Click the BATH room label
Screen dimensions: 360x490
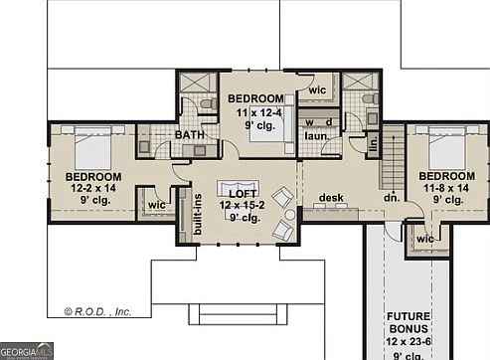(x=190, y=134)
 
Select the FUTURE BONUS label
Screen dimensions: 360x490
(x=408, y=322)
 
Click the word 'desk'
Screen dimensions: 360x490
(x=331, y=198)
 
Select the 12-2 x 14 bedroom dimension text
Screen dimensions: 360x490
(x=92, y=188)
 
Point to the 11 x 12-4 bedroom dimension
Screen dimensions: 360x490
(x=255, y=112)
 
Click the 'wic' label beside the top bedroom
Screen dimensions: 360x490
(x=317, y=90)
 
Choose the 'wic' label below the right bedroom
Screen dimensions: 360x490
(x=425, y=239)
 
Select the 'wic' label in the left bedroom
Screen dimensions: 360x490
(x=156, y=205)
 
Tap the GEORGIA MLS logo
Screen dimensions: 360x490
(x=27, y=350)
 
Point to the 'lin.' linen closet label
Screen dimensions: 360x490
(x=374, y=145)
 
